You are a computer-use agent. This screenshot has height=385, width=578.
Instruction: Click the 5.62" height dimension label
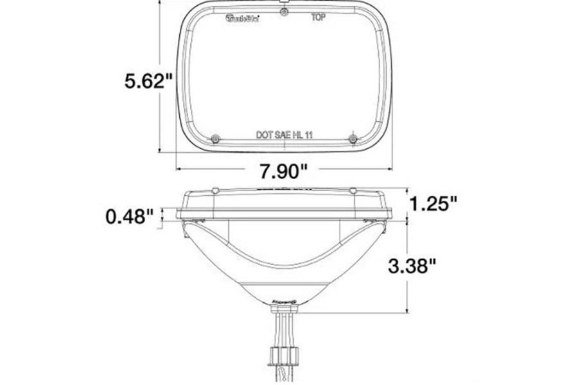148,81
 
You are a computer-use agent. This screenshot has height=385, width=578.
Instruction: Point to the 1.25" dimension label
434,203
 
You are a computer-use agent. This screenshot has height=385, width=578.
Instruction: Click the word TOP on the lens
318,18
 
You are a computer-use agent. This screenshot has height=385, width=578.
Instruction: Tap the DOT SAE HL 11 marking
285,135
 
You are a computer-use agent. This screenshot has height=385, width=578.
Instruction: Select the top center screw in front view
283,12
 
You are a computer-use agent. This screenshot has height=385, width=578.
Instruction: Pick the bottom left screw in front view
215,140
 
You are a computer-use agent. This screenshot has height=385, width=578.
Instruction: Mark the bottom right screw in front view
352,139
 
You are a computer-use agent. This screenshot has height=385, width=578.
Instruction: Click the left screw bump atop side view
215,190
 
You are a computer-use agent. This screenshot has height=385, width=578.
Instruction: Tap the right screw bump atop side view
352,190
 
